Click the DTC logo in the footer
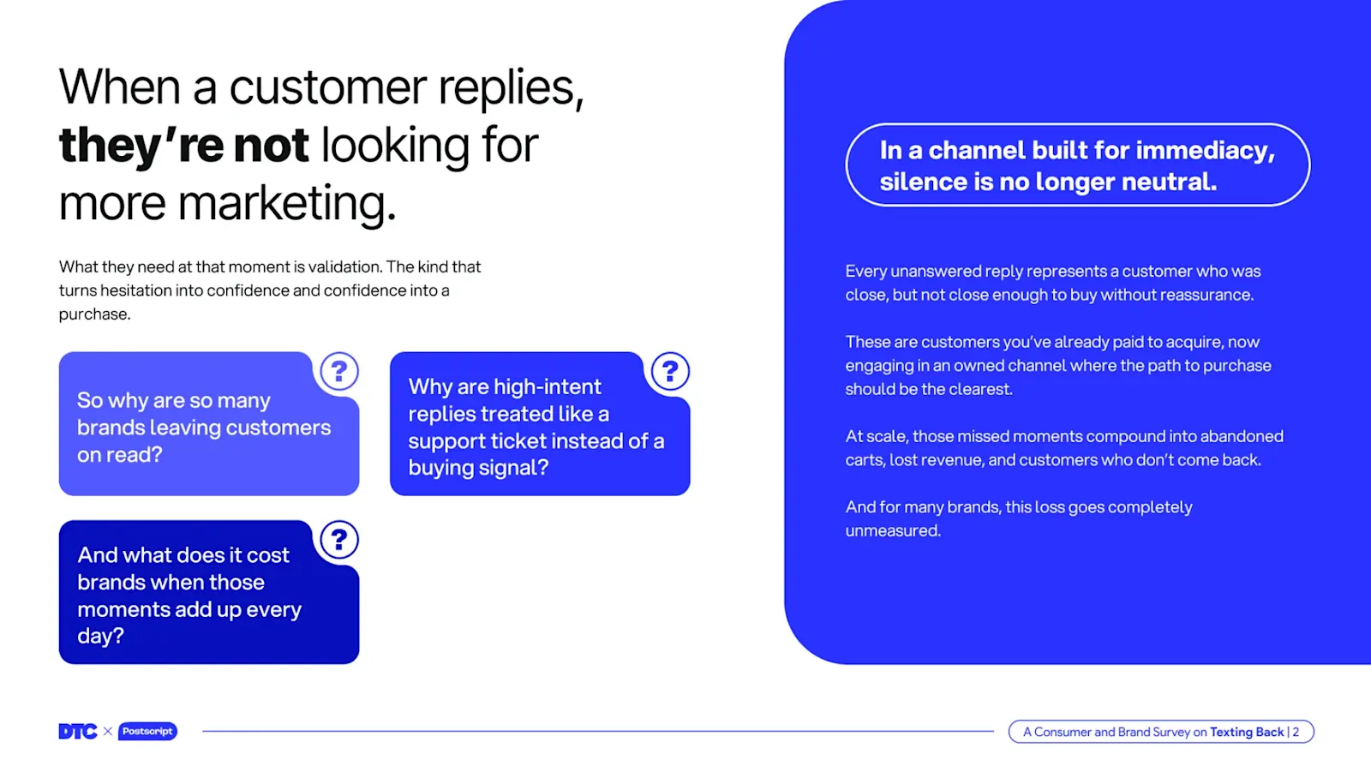pos(78,731)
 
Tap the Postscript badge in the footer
pos(147,731)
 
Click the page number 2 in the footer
pos(1296,732)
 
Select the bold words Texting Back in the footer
pos(1247,732)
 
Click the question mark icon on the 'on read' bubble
pos(339,371)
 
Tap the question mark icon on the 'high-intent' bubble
pos(670,371)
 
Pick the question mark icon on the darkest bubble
pos(339,539)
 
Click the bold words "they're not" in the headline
pos(183,146)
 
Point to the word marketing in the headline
pos(287,203)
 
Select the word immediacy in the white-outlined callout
pos(1206,151)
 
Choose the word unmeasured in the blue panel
pos(893,530)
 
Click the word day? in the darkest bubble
pos(100,636)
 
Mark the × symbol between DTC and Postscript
pos(108,731)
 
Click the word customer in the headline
pos(327,87)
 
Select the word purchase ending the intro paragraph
pos(94,314)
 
